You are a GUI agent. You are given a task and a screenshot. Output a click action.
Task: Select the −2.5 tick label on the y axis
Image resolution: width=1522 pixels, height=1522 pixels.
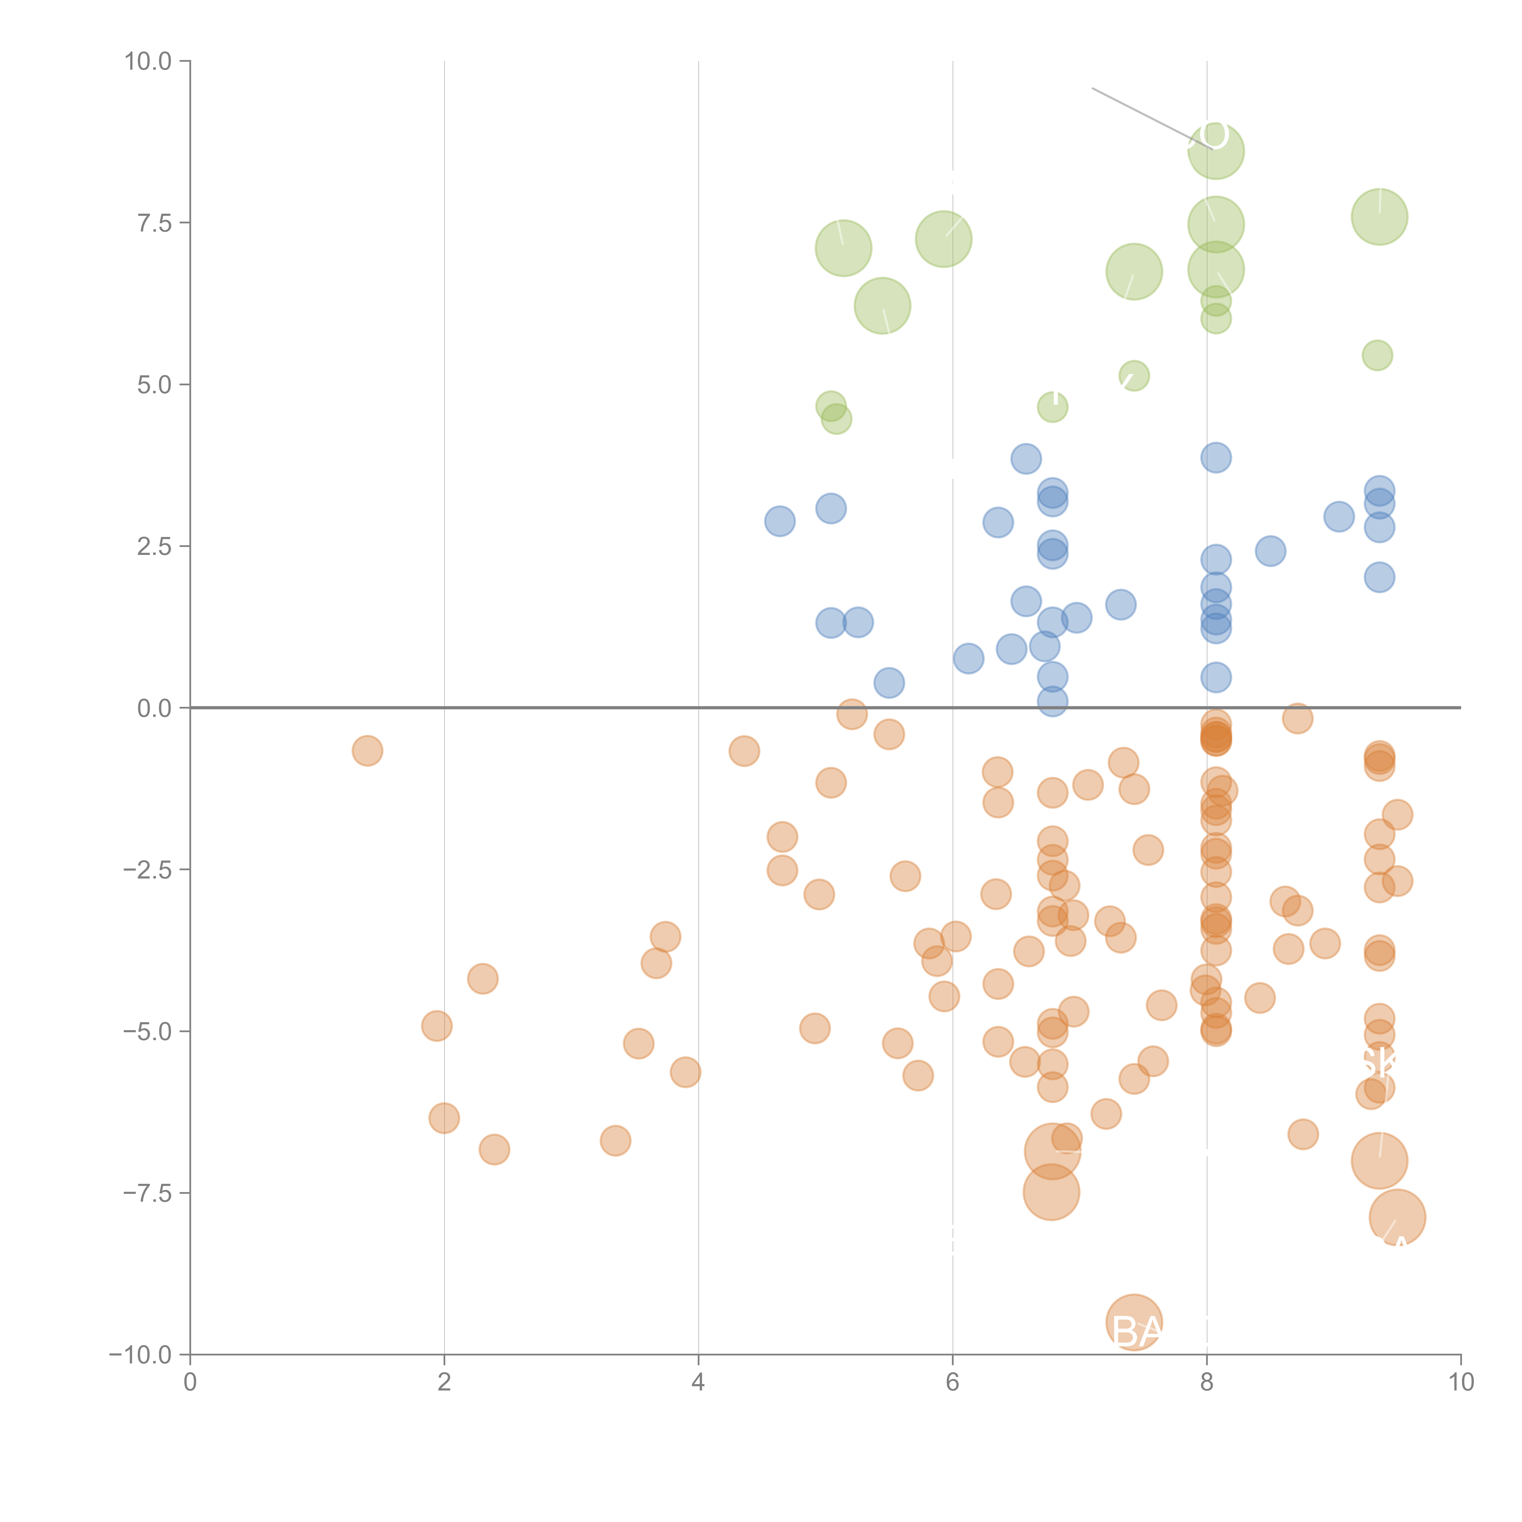point(147,870)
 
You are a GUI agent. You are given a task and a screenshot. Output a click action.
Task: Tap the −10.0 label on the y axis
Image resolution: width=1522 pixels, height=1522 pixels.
point(140,1355)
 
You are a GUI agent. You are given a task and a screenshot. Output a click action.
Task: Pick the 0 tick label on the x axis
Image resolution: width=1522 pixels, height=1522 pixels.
point(190,1383)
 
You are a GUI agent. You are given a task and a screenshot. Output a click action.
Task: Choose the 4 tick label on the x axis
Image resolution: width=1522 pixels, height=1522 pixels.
point(698,1383)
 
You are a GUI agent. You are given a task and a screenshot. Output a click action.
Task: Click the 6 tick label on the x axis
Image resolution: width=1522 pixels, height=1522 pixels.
point(952,1383)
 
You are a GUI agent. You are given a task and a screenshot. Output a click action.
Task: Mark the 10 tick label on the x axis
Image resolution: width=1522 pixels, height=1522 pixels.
point(1461,1383)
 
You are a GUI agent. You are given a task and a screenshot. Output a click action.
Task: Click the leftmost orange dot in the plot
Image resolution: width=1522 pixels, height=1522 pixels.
point(367,751)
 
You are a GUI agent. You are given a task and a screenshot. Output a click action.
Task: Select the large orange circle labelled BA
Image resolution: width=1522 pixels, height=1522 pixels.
point(1134,1322)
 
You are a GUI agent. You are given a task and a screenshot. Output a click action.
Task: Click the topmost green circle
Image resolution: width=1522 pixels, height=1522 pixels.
point(1215,151)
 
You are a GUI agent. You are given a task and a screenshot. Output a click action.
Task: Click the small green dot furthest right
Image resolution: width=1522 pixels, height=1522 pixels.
point(1377,355)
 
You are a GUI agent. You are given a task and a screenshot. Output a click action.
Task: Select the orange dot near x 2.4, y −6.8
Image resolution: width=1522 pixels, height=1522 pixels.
point(494,1149)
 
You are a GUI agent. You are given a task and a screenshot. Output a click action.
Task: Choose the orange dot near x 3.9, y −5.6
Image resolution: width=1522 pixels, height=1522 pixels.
point(686,1072)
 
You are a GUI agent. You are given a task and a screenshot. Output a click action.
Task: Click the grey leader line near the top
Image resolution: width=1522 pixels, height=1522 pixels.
point(1142,114)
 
